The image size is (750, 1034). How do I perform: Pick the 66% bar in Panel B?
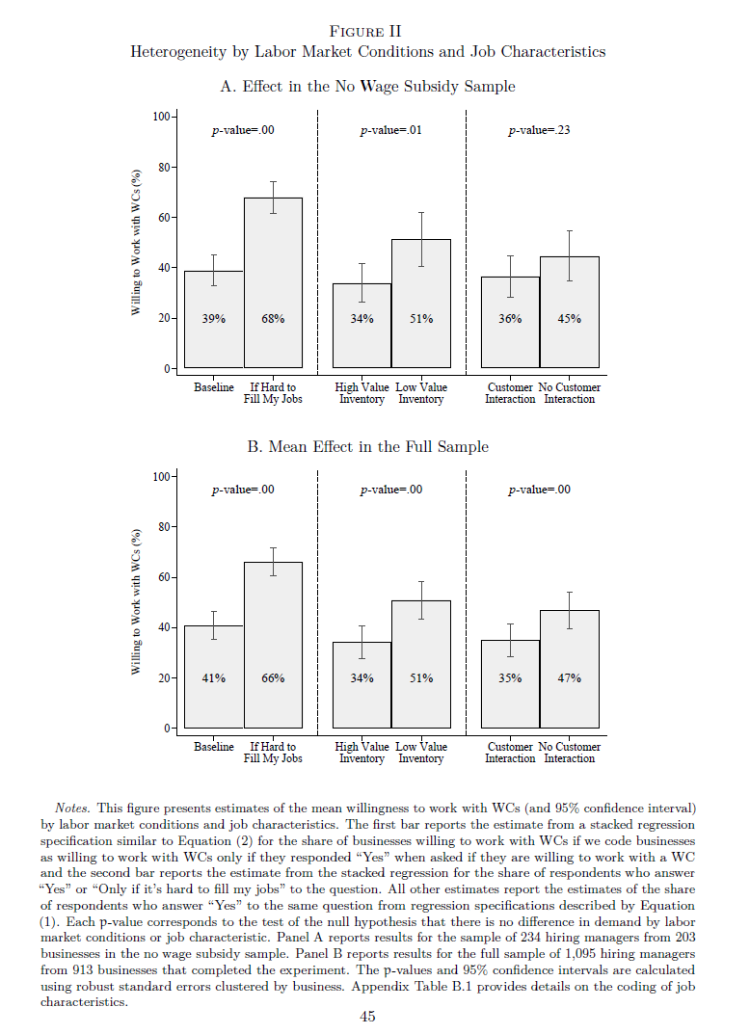[x=273, y=645]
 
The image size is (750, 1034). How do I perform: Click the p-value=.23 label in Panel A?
[x=539, y=129]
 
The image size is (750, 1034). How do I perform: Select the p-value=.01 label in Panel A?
[x=390, y=129]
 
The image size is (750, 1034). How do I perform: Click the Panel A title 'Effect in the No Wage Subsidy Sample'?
[x=367, y=87]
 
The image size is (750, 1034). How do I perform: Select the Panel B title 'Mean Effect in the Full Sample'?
[x=367, y=447]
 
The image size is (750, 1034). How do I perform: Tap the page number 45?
[x=367, y=1017]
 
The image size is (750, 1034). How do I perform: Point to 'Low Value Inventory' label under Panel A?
[x=421, y=393]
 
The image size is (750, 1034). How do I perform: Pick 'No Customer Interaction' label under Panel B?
[x=570, y=753]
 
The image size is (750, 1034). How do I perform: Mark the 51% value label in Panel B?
[x=421, y=678]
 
